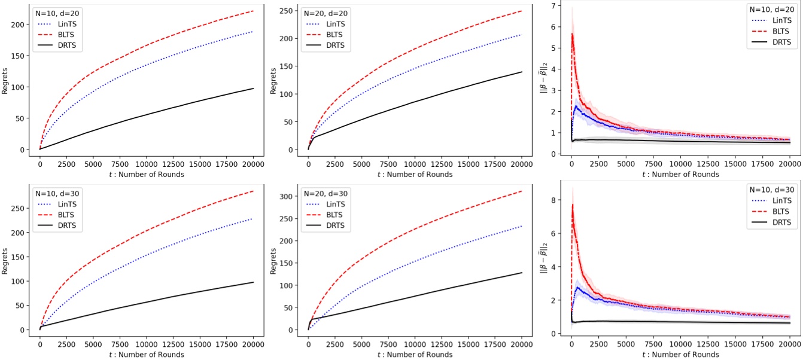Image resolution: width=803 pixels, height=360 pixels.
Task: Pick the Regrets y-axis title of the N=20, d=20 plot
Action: pos(273,79)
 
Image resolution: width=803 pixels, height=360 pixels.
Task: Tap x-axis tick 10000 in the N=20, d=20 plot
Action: pos(415,161)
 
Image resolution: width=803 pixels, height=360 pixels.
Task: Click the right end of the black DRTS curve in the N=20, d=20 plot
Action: pos(522,72)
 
